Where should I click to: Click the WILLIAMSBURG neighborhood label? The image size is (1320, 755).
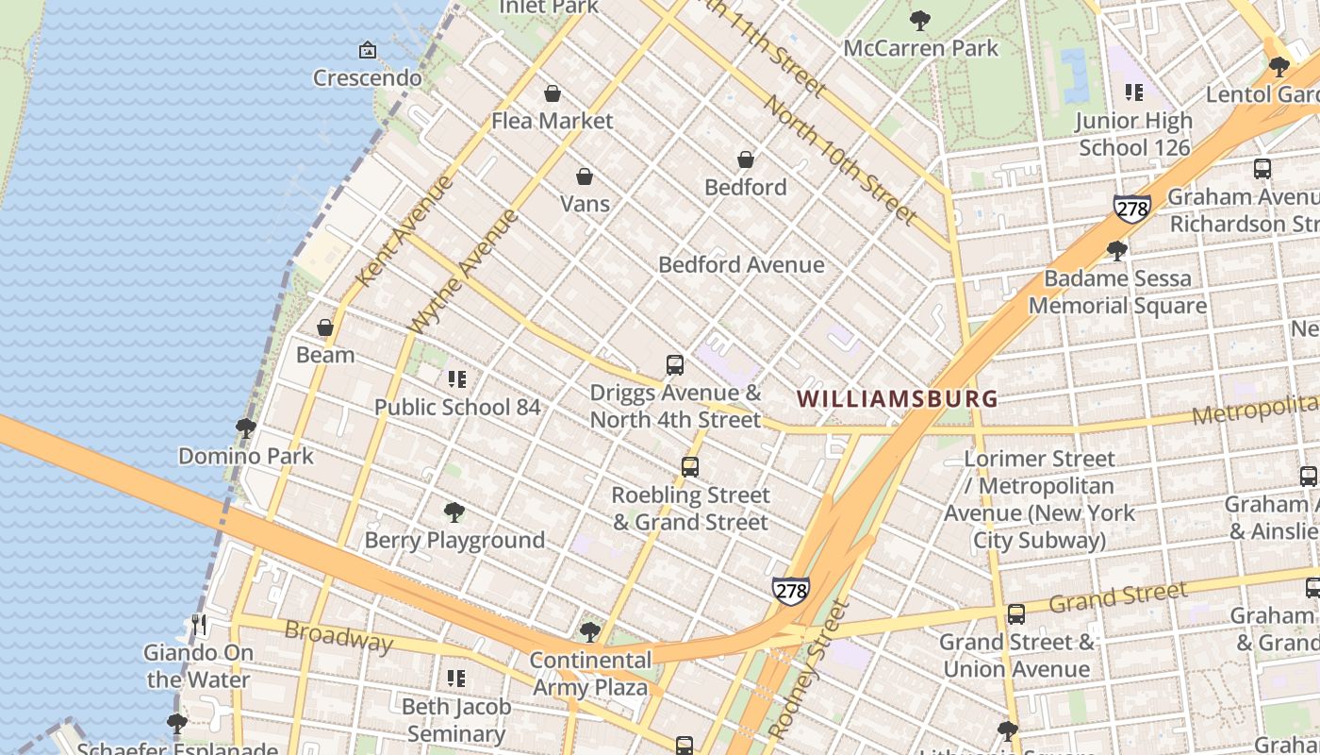point(897,398)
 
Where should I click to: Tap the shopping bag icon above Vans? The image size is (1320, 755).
point(585,176)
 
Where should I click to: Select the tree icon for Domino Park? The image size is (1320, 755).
point(246,428)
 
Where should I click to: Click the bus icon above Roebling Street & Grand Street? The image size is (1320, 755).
point(690,466)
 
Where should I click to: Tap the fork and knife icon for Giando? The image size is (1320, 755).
point(198,625)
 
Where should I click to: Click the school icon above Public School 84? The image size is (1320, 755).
point(457,379)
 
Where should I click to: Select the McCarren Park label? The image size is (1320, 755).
point(920,48)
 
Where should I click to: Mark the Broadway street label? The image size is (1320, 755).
point(338,637)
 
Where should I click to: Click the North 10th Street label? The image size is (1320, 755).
point(839,161)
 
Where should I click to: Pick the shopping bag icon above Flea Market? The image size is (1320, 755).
point(553,93)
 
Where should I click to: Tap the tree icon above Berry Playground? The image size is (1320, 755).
point(454,512)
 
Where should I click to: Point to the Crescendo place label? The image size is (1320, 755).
point(367,77)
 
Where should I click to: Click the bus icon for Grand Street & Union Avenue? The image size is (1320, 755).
point(1016,614)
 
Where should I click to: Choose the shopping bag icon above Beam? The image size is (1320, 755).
point(325,327)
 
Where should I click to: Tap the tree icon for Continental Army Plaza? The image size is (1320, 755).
point(591,631)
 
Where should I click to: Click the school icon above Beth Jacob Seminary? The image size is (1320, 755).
point(456,679)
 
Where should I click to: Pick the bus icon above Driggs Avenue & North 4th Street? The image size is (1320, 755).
point(675,364)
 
